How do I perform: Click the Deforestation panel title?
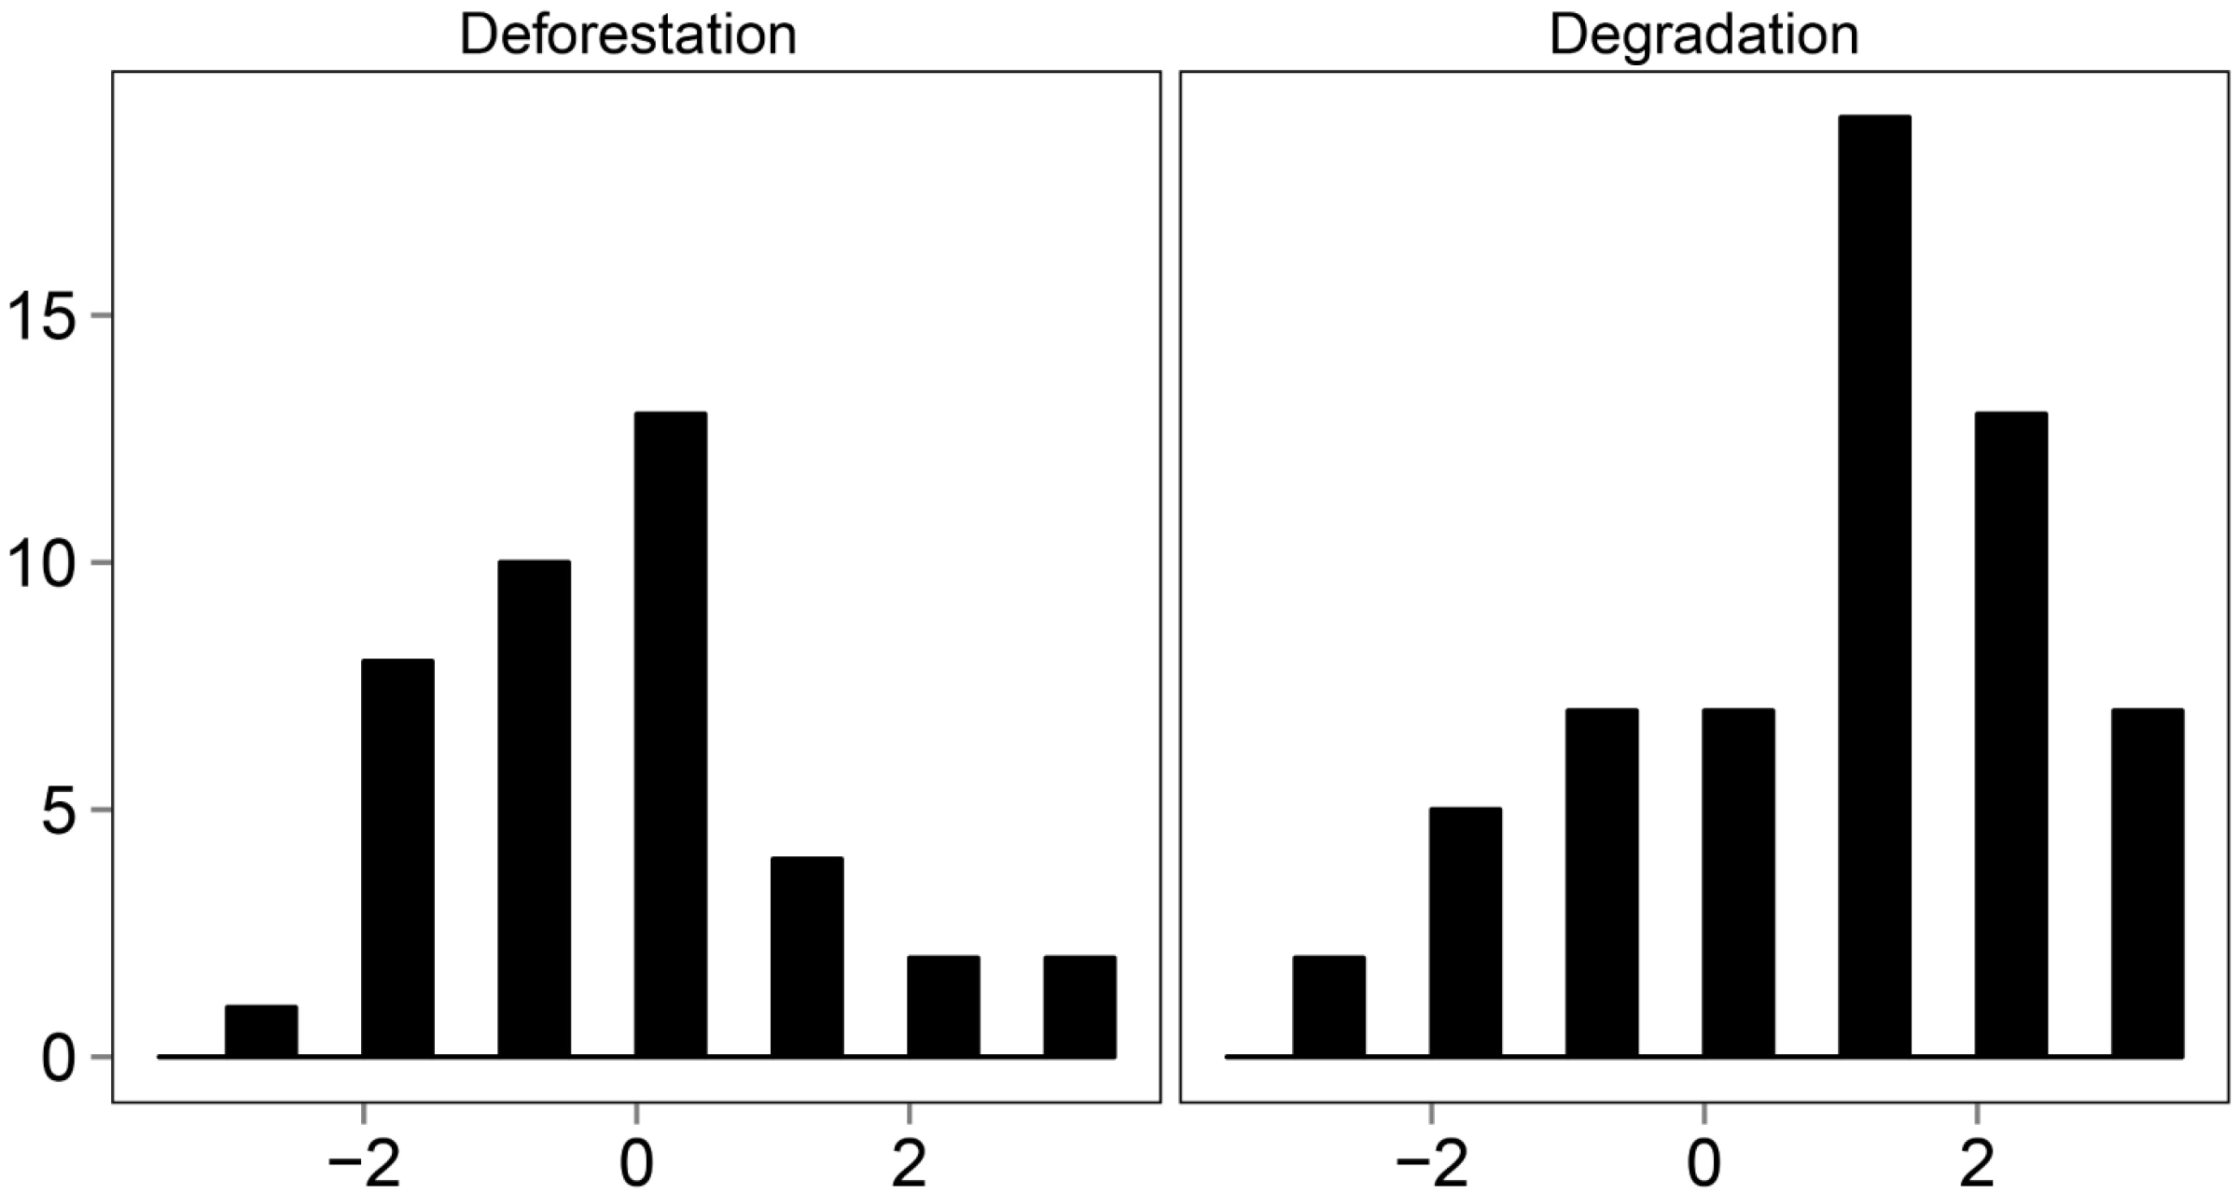click(x=628, y=35)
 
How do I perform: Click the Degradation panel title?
click(x=1704, y=35)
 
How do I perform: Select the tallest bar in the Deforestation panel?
click(x=670, y=734)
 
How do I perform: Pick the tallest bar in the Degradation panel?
click(x=1874, y=586)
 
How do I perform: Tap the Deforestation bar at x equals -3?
click(x=261, y=1031)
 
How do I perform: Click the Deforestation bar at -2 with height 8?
click(x=397, y=858)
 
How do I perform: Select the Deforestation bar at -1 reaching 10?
click(x=534, y=809)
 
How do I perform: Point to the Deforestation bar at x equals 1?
click(x=807, y=957)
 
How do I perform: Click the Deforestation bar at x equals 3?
click(x=1079, y=1007)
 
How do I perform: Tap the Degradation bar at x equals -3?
click(x=1328, y=1007)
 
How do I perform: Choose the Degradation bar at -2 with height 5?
click(x=1465, y=932)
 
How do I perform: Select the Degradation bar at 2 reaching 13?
click(x=2010, y=734)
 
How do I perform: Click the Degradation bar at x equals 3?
click(x=2148, y=882)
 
